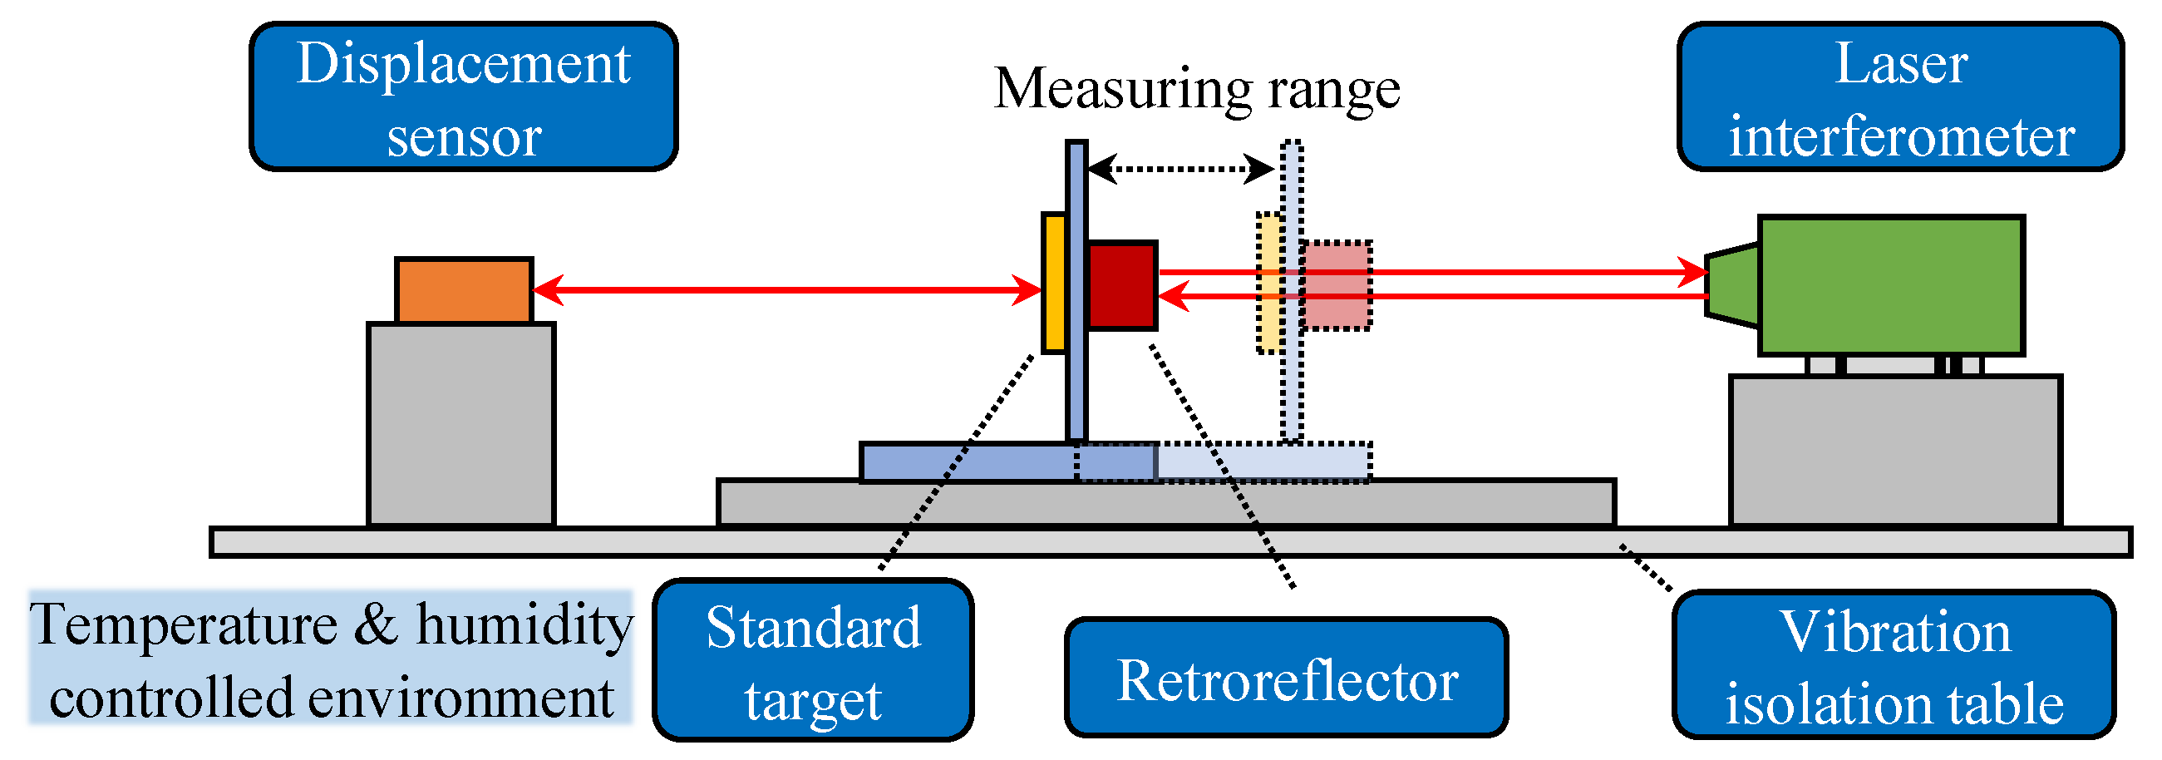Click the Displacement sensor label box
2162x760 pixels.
[463, 96]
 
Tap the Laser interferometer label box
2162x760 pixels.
[1900, 96]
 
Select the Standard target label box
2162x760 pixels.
[812, 660]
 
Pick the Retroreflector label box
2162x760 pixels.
[1286, 678]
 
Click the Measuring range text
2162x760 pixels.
[1197, 88]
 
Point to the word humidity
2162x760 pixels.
[524, 625]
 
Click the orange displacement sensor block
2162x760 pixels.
[464, 290]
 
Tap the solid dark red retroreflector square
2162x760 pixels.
[1122, 285]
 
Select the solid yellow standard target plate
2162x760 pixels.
[1053, 283]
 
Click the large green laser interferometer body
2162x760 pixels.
[1891, 285]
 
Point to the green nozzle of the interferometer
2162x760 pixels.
[1732, 285]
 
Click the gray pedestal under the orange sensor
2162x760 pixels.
[460, 424]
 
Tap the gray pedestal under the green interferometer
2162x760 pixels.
[1895, 450]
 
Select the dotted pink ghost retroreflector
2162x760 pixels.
[1336, 285]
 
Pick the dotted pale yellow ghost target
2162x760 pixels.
[1268, 283]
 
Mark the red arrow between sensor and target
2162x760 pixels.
[786, 290]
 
